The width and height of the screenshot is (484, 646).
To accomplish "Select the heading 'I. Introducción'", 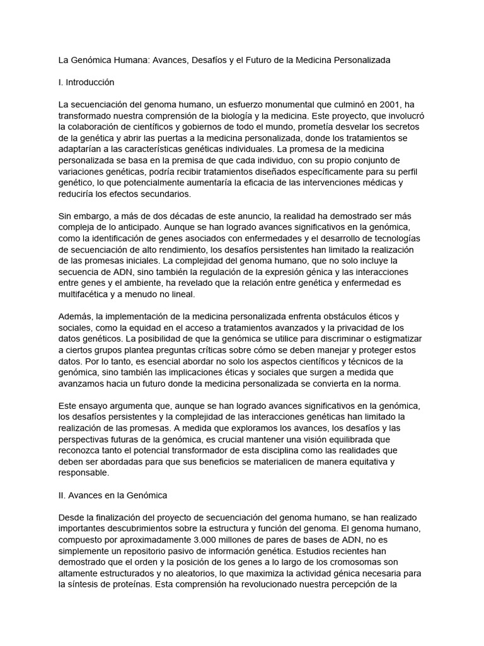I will (86, 82).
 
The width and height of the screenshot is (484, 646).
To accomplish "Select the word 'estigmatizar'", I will (394, 338).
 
